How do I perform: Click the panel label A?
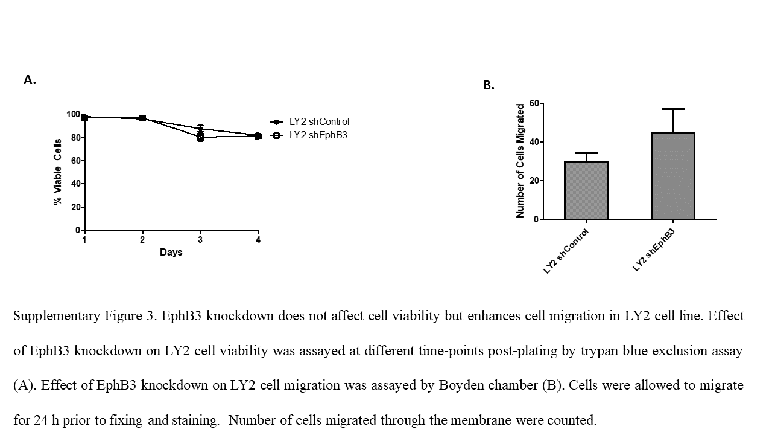[30, 80]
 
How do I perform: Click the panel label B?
[489, 86]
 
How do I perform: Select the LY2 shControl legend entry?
[319, 122]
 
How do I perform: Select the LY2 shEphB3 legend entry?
[318, 135]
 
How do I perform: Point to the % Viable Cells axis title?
[58, 172]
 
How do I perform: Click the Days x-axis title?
[171, 252]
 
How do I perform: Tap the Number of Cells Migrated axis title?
[520, 161]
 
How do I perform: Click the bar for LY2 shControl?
[586, 190]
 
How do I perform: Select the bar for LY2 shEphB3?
[673, 176]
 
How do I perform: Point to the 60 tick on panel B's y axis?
[533, 103]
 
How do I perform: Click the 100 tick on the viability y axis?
[72, 114]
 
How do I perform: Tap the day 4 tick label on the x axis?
[258, 240]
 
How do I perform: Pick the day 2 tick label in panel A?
[142, 240]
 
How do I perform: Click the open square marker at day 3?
[200, 138]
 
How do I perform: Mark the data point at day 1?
[84, 117]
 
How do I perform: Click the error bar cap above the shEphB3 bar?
[673, 109]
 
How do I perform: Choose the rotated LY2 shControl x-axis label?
[565, 252]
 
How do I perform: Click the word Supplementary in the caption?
[49, 316]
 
